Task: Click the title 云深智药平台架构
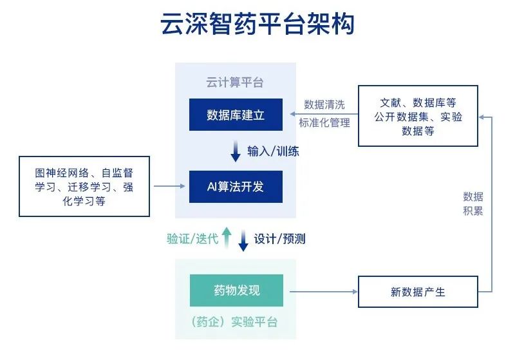tap(257, 26)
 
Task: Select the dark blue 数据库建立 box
tap(236, 115)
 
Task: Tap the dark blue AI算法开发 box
tap(236, 187)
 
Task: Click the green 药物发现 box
tap(236, 290)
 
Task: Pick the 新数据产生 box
tap(418, 292)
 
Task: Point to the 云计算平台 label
tap(235, 83)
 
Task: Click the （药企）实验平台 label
tap(235, 322)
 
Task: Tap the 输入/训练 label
tap(273, 152)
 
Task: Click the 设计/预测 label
tap(279, 239)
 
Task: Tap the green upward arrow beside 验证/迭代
tap(226, 237)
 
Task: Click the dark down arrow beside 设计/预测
tap(243, 240)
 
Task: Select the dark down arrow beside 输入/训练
tap(236, 153)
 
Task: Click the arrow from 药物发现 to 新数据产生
tap(321, 292)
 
